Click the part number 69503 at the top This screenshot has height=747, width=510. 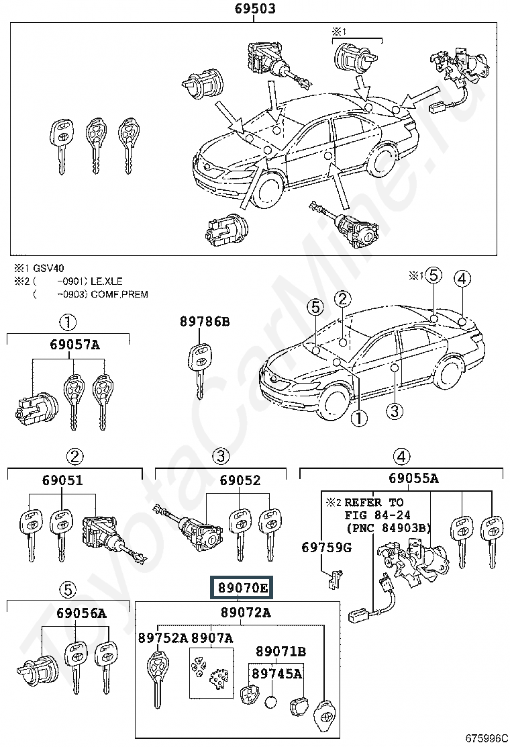click(255, 9)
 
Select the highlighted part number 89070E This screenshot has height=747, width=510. click(243, 589)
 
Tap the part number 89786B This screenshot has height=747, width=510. click(205, 322)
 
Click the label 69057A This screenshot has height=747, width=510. click(74, 345)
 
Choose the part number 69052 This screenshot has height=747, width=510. click(240, 480)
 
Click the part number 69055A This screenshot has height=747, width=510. click(413, 478)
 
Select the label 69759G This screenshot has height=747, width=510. click(326, 548)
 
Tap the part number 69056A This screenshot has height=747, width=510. click(81, 613)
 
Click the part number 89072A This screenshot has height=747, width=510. click(246, 613)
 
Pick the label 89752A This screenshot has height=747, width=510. click(163, 638)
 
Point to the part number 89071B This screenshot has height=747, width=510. click(280, 651)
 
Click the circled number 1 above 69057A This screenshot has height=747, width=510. click(68, 322)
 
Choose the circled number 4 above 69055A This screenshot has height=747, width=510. click(401, 457)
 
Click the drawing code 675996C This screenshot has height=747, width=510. click(484, 739)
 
